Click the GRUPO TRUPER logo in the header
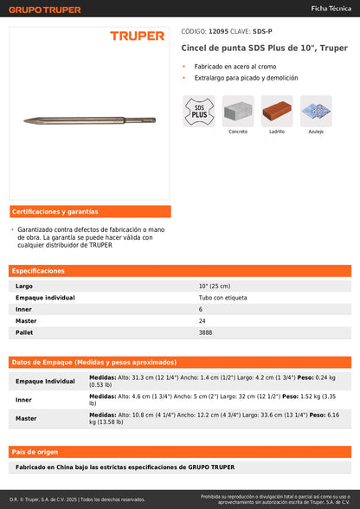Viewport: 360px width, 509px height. [46, 10]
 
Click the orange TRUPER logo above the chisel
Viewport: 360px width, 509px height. [137, 35]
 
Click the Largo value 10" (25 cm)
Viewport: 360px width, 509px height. [215, 286]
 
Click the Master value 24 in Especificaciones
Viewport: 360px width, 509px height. [202, 320]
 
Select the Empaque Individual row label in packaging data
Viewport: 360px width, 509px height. [45, 381]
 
